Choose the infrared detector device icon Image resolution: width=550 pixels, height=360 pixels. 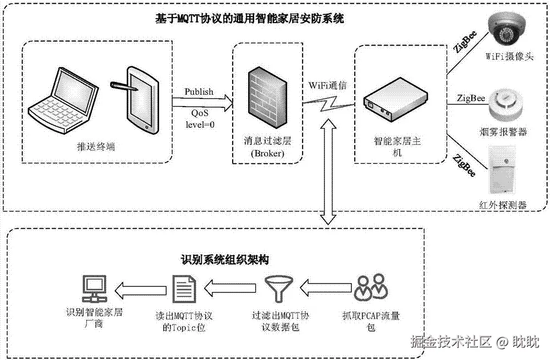pyautogui.click(x=503, y=171)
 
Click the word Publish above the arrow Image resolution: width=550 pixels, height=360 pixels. pyautogui.click(x=199, y=91)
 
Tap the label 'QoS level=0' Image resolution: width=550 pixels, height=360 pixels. pyautogui.click(x=199, y=118)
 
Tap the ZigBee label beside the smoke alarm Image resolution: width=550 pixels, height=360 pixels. pyautogui.click(x=471, y=98)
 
